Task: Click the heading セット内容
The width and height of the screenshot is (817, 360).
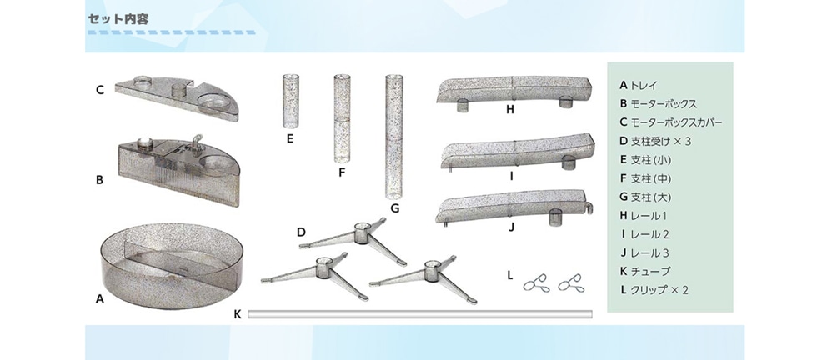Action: coord(118,19)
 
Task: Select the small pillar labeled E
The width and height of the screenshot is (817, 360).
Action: coord(290,101)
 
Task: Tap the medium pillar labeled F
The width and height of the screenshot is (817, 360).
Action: coord(342,119)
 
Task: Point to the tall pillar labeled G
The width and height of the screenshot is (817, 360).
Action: coord(393,137)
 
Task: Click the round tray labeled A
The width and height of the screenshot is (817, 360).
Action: coord(172,266)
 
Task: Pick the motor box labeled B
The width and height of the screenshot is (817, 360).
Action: coord(177,169)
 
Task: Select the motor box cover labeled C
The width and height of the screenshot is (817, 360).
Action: coord(177,97)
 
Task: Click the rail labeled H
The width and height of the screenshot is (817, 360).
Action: coord(514,90)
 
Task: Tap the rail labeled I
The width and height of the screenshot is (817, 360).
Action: coord(516,152)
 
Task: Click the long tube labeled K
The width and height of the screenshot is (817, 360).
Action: coord(420,313)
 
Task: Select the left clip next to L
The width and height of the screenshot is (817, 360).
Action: coord(536,282)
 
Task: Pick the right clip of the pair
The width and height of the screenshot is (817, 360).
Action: coord(571,282)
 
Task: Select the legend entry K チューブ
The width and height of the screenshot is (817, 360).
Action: coord(644,271)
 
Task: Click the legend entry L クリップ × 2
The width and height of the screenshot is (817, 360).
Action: coord(654,290)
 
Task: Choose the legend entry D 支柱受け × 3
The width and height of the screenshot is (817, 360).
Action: coord(655,141)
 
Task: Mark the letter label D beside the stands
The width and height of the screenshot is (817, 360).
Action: coord(301,232)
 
